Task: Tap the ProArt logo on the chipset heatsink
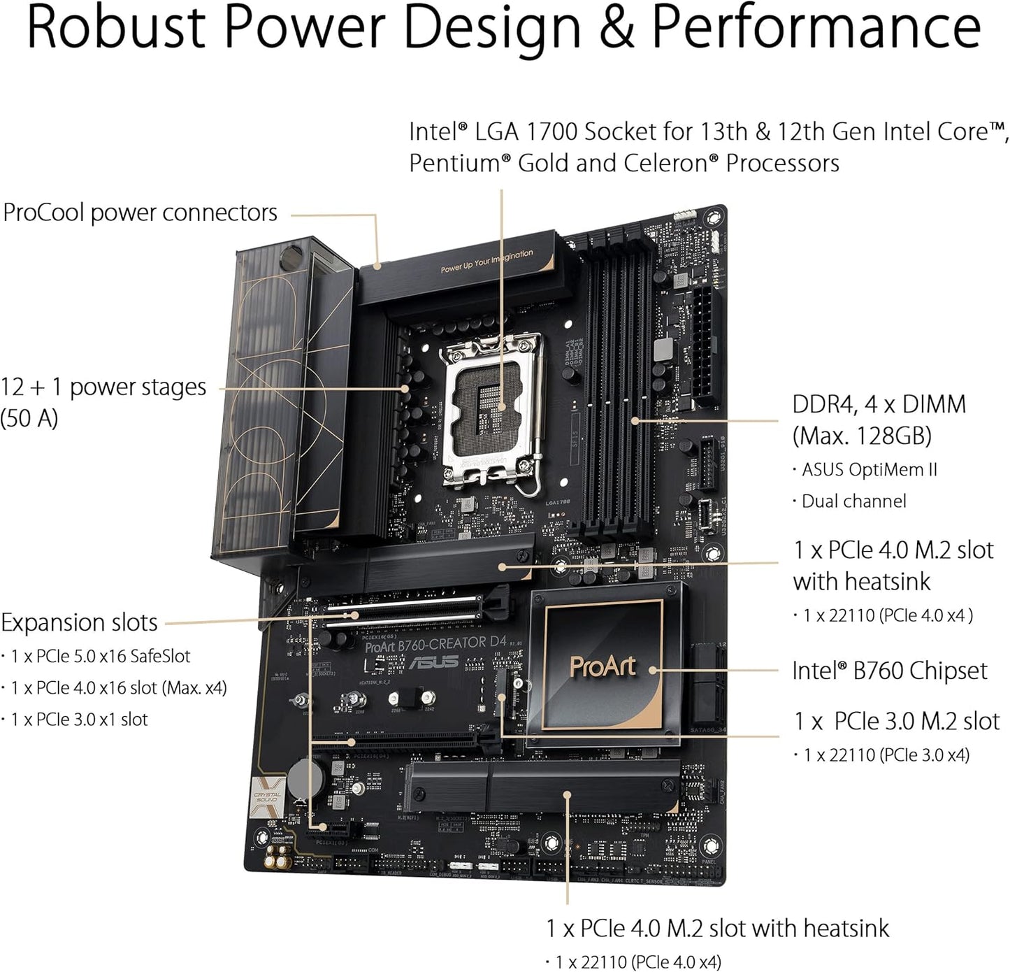[x=603, y=666]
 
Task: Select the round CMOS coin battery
[x=305, y=777]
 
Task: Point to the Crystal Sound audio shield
[x=268, y=798]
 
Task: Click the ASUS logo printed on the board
[x=433, y=662]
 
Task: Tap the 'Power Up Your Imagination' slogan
[x=486, y=261]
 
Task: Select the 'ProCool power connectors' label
[x=140, y=213]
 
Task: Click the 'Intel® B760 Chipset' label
[x=889, y=671]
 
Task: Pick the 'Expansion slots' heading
[x=79, y=622]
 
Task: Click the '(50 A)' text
[x=29, y=418]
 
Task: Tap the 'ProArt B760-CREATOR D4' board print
[x=435, y=643]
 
